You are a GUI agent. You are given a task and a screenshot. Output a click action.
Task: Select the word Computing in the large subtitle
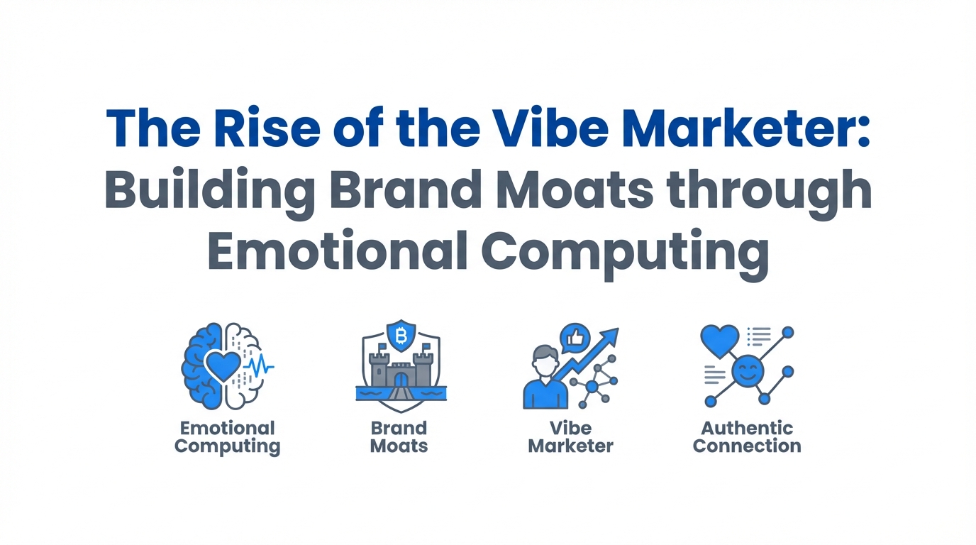[x=625, y=255]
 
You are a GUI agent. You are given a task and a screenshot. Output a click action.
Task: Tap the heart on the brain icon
[x=223, y=365]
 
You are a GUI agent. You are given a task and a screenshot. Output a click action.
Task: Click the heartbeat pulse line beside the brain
[x=260, y=366]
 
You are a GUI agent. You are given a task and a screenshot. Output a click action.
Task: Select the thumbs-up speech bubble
[x=575, y=338]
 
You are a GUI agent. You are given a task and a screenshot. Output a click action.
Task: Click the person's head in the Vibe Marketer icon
[x=545, y=361]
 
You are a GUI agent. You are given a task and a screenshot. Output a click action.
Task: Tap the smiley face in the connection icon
[x=748, y=371]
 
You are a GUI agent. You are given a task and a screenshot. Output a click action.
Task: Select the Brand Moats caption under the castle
[x=399, y=437]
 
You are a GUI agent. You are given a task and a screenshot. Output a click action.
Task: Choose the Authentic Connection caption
[x=747, y=437]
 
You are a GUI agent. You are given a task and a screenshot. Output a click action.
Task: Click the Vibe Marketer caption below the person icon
[x=571, y=437]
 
